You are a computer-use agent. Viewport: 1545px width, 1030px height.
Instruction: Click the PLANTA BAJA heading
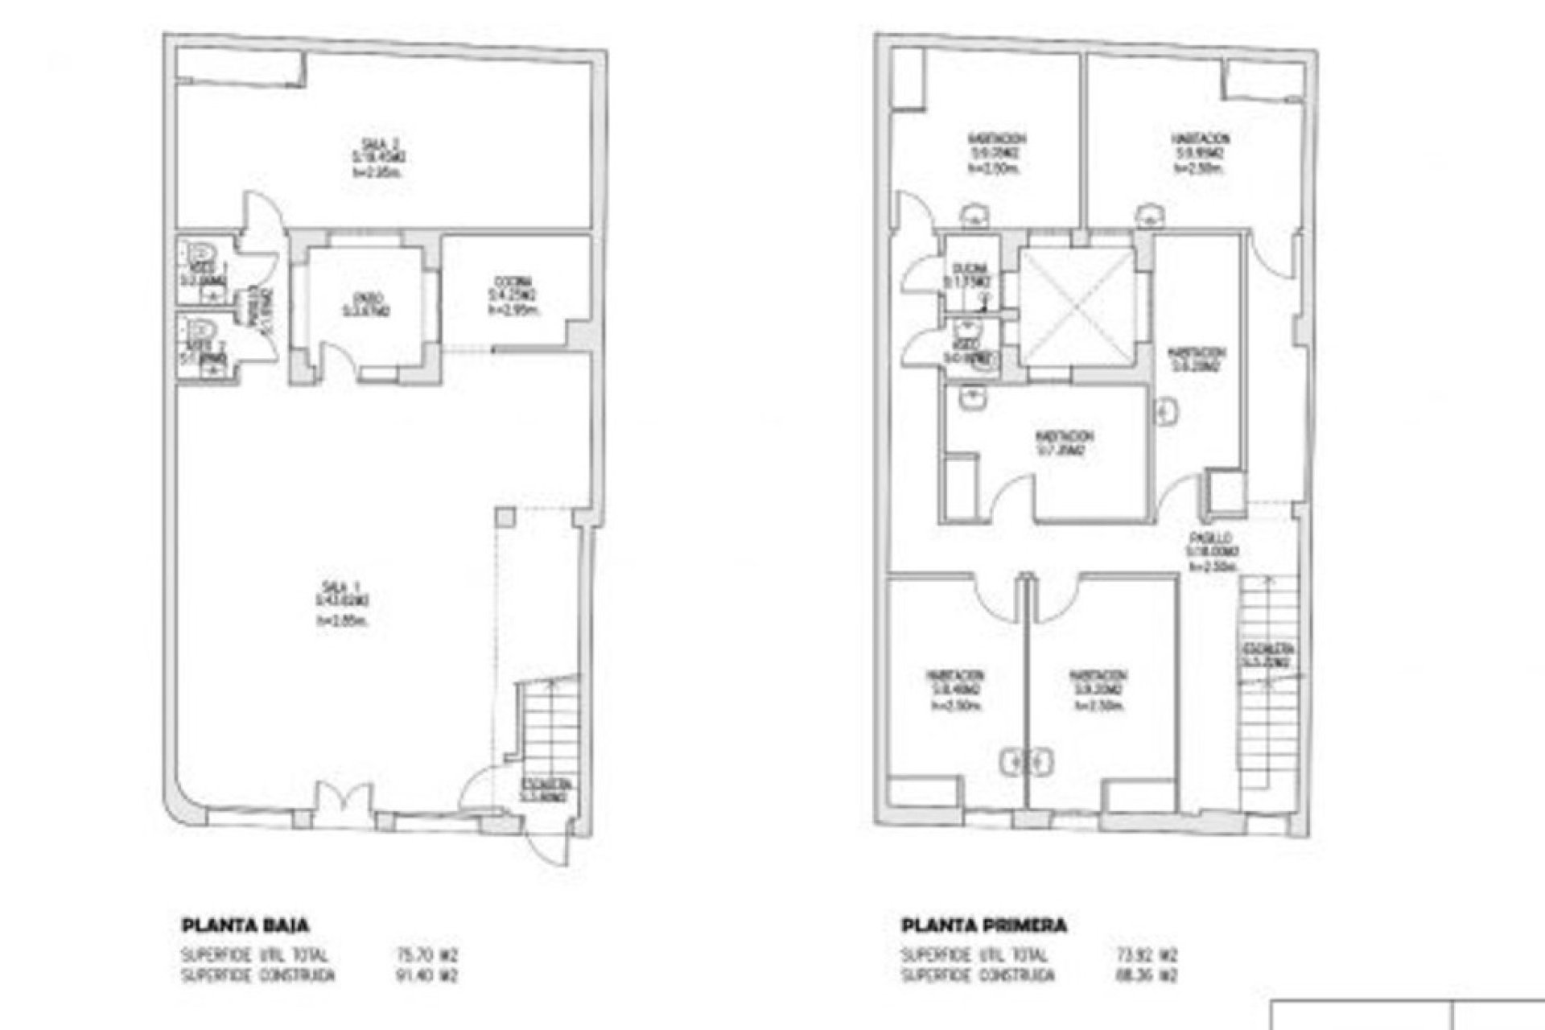(x=245, y=925)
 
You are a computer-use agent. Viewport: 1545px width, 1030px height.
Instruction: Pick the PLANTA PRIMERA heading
(x=983, y=925)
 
